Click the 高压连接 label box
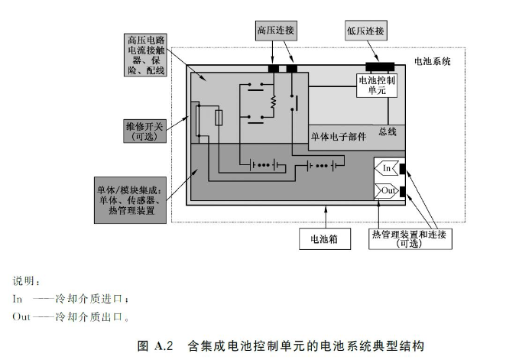pos(274,30)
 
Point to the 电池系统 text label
pos(433,60)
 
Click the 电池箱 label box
pos(325,238)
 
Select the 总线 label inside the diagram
pos(387,132)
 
